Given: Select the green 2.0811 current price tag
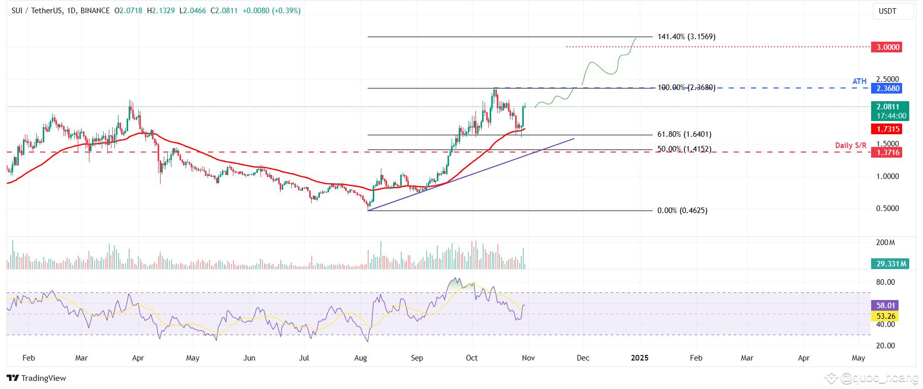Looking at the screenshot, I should pos(887,107).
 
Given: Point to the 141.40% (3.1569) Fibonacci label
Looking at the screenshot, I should pos(686,37).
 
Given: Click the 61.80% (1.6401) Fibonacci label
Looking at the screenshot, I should pos(684,134).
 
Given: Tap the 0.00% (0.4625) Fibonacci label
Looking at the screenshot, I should pos(682,211).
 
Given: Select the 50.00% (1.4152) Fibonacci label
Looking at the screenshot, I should pos(684,149).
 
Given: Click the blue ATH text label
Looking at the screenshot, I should pos(859,81).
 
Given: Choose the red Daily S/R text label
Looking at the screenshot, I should pos(850,145).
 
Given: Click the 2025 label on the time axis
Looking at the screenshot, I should pos(639,358).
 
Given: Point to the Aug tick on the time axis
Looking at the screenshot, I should pos(361,358).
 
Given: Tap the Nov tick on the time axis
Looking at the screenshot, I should pos(528,358).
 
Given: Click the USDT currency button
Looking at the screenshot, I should pos(887,11).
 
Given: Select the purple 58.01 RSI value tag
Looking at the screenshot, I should pos(885,306).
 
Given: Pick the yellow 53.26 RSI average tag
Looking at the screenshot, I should pos(885,316).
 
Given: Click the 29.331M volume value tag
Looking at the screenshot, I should pos(887,264).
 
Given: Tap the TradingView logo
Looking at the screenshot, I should pos(37,378).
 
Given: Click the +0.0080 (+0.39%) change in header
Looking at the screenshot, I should pos(271,11).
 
